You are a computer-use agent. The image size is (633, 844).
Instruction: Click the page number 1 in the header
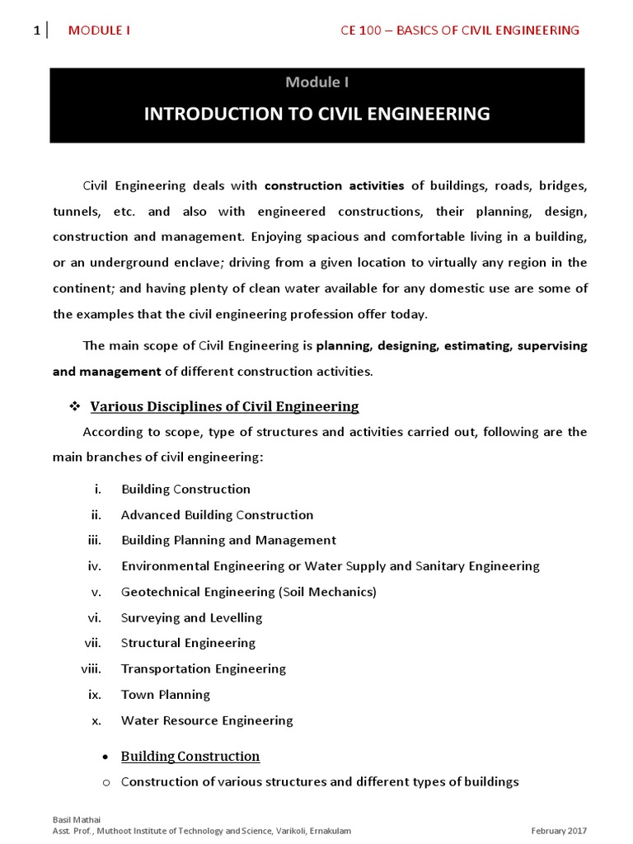coord(36,30)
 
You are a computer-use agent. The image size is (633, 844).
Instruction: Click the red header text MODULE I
coord(99,30)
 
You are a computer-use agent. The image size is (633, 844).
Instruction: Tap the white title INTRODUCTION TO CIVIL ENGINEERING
coord(316,114)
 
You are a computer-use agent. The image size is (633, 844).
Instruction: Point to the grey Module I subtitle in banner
coord(316,82)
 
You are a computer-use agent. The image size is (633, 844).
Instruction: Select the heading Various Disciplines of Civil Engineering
coord(224,406)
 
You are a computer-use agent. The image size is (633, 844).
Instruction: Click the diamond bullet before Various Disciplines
coord(73,406)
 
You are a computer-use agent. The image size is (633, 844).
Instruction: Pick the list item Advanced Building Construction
coord(217,515)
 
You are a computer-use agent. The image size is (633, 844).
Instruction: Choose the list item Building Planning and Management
coord(228,541)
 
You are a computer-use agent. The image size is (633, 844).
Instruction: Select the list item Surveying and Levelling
coord(191,618)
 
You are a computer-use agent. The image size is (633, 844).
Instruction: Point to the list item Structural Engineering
coord(188,643)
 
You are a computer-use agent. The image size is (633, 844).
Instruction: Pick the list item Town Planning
coord(166,695)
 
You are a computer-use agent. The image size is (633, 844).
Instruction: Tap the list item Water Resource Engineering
coord(207,720)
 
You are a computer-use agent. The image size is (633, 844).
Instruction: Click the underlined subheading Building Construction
coord(190,757)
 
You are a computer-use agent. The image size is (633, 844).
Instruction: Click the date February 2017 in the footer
coord(560,832)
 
